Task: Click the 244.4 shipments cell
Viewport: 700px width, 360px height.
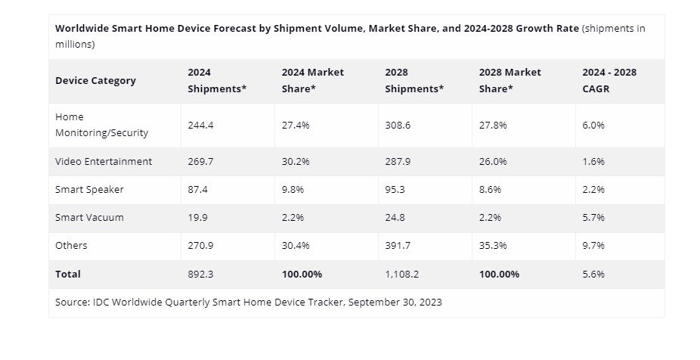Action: tap(200, 125)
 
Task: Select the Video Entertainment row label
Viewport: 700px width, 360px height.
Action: tap(104, 161)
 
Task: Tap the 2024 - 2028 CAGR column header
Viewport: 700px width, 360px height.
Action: tap(609, 80)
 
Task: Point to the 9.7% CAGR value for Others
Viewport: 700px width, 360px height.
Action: tap(593, 245)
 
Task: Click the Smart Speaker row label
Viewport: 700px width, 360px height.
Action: tap(89, 189)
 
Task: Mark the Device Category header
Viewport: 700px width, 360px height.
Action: tap(95, 80)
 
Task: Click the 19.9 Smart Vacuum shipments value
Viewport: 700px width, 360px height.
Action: tap(197, 217)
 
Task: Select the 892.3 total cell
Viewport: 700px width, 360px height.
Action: tap(200, 274)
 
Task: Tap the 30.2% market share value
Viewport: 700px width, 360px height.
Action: tap(296, 161)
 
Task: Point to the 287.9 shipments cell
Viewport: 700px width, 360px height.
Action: tap(398, 161)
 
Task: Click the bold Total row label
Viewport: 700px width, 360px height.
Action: tap(67, 274)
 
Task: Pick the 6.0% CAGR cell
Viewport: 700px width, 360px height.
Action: tap(593, 125)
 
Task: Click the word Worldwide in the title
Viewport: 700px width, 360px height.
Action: tap(82, 28)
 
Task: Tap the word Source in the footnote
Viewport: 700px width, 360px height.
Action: tap(73, 302)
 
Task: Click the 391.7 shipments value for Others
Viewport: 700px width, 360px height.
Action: tap(398, 245)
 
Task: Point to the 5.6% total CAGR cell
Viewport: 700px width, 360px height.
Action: tap(593, 274)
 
